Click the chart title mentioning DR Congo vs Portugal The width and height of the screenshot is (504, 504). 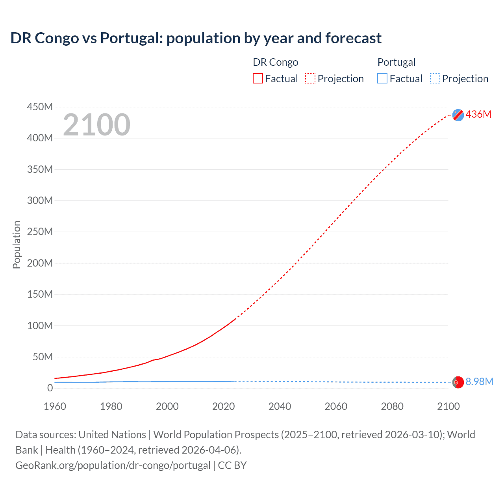point(196,38)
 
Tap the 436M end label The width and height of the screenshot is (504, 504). point(478,114)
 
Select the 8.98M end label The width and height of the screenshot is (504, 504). point(479,382)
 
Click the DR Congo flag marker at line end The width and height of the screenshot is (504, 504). point(458,115)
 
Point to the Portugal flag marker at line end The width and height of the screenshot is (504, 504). point(458,382)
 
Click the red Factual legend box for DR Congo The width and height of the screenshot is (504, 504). point(258,79)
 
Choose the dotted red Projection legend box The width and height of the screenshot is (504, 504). point(310,79)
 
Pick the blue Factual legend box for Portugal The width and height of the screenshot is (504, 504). point(382,79)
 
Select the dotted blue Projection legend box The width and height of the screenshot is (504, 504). point(435,79)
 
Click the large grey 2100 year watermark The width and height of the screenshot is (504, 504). point(96,125)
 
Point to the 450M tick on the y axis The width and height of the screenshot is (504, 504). point(40,107)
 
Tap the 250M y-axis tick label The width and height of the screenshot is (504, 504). point(40,232)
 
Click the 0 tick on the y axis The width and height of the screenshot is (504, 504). point(50,388)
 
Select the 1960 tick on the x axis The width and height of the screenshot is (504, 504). point(55,406)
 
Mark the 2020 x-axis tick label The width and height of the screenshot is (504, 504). point(224,406)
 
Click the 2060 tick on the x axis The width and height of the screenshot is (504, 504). point(336,406)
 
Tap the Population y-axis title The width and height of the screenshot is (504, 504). point(17,245)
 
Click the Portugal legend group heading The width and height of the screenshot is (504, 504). point(397,62)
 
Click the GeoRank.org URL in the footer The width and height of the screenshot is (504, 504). point(113,465)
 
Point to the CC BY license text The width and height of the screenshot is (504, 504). point(232,465)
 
